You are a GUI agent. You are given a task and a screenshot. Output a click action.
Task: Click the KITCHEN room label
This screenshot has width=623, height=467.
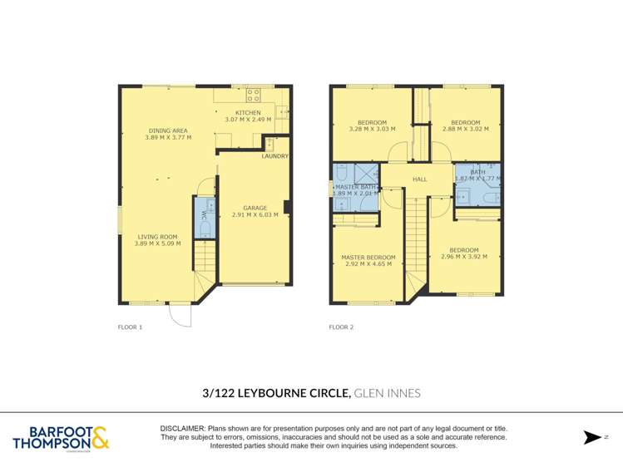point(248,112)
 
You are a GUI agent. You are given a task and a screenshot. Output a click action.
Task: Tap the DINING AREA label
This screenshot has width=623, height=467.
point(168,130)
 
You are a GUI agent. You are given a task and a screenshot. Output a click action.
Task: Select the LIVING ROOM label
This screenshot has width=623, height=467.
point(157,237)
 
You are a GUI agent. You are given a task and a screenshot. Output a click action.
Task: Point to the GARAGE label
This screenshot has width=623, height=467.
point(255,208)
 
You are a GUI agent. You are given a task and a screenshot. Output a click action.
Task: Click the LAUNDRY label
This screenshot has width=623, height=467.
point(274,156)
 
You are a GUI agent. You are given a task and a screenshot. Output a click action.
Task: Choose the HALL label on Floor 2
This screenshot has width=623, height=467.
point(420,179)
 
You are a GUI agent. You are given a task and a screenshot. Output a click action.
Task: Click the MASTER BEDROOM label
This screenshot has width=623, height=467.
point(368,258)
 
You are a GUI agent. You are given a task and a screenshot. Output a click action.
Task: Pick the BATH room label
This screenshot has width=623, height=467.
point(477,171)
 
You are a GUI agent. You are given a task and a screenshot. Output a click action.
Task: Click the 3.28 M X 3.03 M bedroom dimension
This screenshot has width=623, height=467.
point(372,129)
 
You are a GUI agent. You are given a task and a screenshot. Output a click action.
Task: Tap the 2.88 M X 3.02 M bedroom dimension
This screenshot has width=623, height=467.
point(465,129)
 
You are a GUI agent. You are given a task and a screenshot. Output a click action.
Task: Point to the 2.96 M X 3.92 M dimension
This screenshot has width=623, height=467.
point(464,257)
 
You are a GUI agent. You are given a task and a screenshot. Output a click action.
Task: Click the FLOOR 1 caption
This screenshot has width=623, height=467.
point(131,327)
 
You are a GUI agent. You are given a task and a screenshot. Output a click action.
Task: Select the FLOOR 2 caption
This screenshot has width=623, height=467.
point(341,327)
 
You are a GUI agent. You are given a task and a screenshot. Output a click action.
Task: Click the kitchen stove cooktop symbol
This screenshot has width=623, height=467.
point(254,93)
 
